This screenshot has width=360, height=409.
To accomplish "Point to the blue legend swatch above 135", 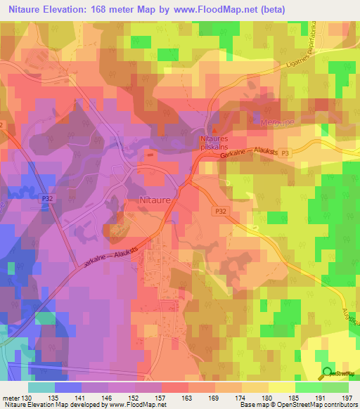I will [68, 387].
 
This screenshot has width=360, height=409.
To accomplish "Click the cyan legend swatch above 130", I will [41, 387].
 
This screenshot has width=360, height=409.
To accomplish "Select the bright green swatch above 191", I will [308, 387].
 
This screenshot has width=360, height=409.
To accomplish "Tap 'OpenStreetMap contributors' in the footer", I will [320, 405].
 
